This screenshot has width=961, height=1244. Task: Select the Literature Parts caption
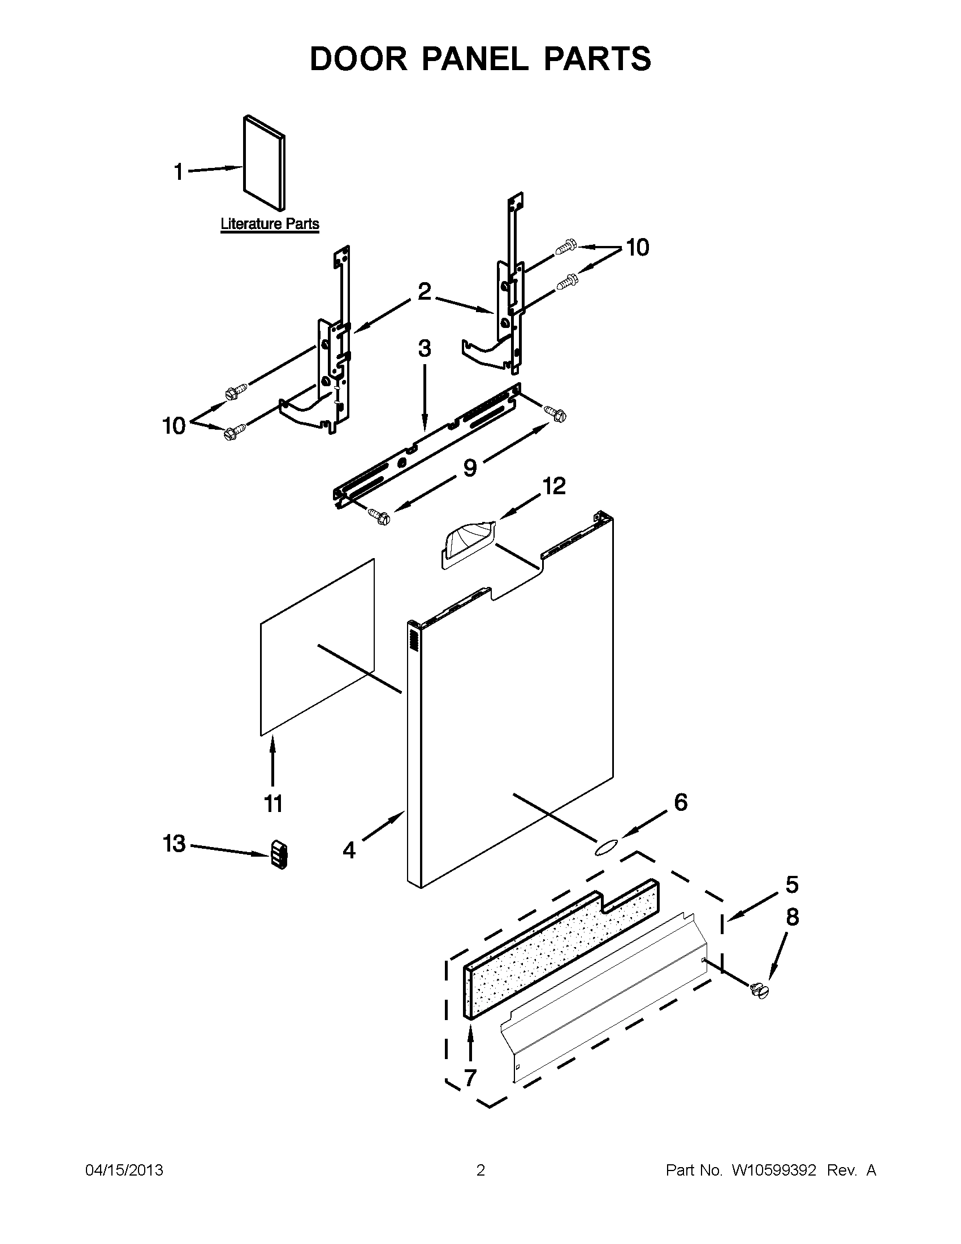[x=270, y=224]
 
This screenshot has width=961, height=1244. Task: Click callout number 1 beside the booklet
[x=179, y=171]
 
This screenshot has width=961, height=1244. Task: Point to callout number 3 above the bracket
[x=425, y=348]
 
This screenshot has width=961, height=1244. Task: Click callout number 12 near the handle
[x=554, y=486]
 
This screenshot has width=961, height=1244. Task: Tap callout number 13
[x=174, y=844]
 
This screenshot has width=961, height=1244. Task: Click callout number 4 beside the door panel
[x=349, y=850]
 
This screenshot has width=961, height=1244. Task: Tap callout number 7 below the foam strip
[x=470, y=1078]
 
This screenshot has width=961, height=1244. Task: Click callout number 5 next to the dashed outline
[x=792, y=885]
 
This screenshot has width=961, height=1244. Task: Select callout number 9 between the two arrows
[x=470, y=468]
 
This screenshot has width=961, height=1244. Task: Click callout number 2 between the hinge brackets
[x=425, y=292]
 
